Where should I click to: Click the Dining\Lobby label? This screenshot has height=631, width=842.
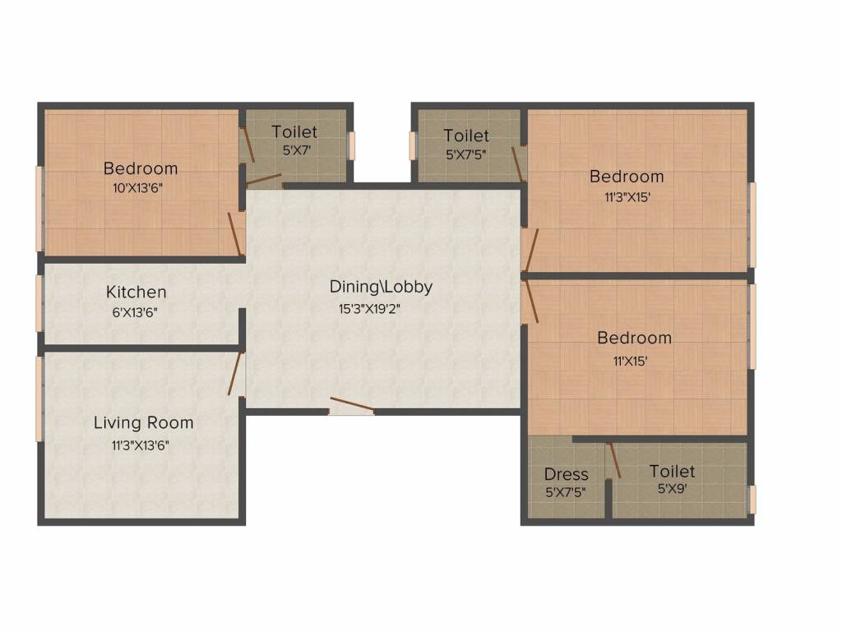[x=381, y=287]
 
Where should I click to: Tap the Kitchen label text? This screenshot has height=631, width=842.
[x=136, y=292]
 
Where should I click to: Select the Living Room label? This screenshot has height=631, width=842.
[x=143, y=423]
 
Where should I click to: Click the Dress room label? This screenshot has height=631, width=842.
[x=567, y=474]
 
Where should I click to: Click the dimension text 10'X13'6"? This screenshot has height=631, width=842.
[x=141, y=188]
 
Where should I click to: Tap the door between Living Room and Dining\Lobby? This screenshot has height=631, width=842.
[x=237, y=374]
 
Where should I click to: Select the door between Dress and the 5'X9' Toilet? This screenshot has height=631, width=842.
[x=613, y=460]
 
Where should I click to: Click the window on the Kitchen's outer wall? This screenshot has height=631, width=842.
[x=39, y=303]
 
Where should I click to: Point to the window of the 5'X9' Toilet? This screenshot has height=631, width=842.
[x=751, y=499]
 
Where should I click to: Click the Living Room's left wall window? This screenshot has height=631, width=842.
[x=39, y=398]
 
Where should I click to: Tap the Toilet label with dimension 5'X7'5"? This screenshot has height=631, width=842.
[x=466, y=136]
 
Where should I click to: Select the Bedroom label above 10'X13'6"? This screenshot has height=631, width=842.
[x=141, y=168]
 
